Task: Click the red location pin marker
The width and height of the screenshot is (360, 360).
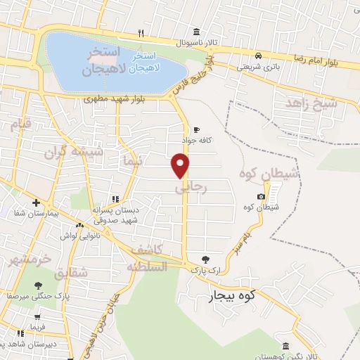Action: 181,165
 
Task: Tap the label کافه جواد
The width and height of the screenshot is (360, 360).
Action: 198,141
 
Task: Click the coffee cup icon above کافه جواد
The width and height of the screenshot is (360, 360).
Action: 196,129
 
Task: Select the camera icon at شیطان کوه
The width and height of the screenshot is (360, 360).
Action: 262,196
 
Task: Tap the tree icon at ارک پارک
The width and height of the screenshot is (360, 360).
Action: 205,259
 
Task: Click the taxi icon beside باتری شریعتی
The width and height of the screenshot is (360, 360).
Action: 259,56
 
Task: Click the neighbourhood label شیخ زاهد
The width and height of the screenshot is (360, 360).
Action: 311,103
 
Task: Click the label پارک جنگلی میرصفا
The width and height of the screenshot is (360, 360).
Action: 36,296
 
